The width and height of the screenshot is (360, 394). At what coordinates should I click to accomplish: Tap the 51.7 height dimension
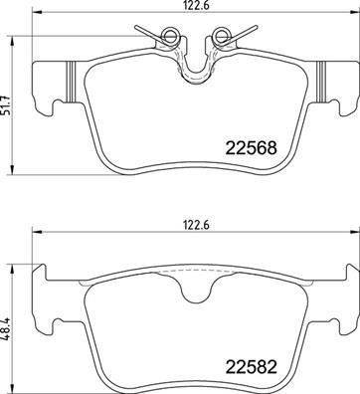tap(9, 104)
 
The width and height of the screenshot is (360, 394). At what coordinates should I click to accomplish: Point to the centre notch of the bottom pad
tap(194, 290)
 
